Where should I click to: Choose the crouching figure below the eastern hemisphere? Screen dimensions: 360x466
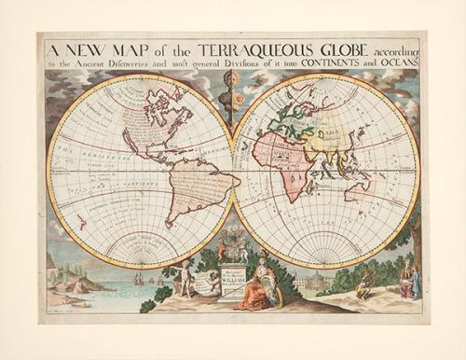click(363, 284)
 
